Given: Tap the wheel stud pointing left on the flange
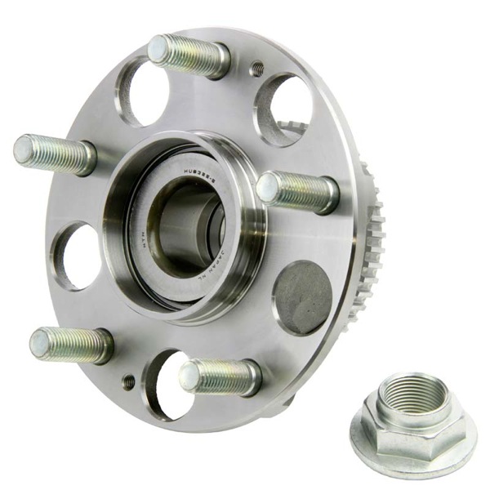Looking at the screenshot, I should point(53,153).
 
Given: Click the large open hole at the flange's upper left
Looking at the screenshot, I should point(142,92).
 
